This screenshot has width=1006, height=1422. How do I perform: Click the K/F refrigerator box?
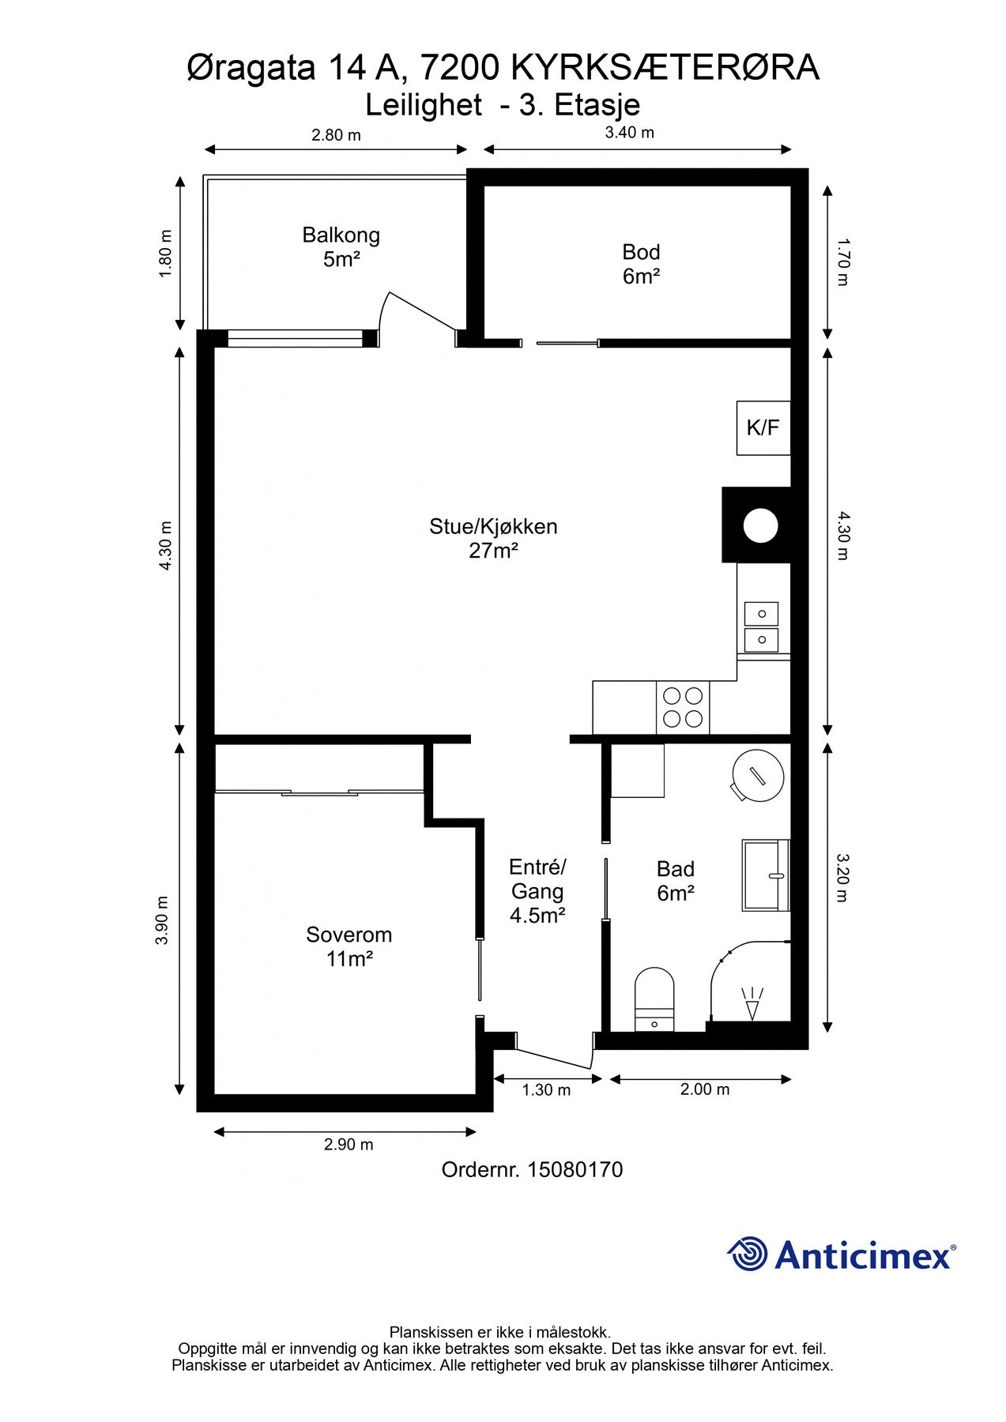tap(763, 427)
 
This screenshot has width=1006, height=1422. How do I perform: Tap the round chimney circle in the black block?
tap(761, 525)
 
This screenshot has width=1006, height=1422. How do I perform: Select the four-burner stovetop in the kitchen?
tap(683, 707)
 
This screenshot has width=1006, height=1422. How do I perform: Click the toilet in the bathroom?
tap(655, 999)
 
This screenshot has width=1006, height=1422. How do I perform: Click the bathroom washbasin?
tap(766, 875)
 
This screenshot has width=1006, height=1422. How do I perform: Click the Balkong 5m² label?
tap(341, 246)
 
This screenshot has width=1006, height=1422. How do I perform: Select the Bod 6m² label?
tap(641, 264)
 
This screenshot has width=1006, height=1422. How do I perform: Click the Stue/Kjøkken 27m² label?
tap(493, 538)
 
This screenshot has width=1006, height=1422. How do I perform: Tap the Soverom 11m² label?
tap(349, 946)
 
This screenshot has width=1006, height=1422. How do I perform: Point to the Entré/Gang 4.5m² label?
tap(537, 891)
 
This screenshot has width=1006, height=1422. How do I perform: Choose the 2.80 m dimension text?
tap(336, 135)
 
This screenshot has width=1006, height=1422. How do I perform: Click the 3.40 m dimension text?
tap(630, 133)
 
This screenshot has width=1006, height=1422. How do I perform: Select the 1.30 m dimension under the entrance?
tap(546, 1090)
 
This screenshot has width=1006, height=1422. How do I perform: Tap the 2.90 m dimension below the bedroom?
tap(349, 1144)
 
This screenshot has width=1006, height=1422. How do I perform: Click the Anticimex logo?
tap(841, 1255)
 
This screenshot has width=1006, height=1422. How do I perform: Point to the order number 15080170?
tap(532, 1169)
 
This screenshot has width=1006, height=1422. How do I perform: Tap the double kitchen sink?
tap(761, 626)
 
